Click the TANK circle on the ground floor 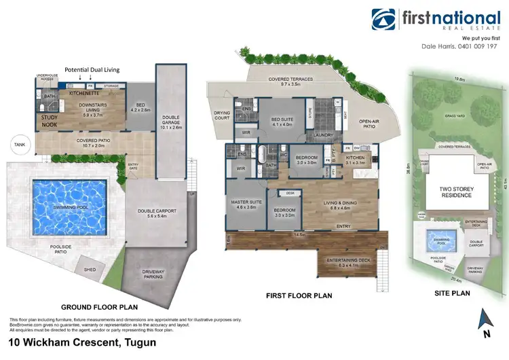(x=17, y=144)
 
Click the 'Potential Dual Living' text (x=93, y=69)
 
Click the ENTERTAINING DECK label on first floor (x=351, y=262)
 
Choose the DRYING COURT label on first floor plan (x=222, y=115)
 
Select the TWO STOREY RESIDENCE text (x=450, y=192)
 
